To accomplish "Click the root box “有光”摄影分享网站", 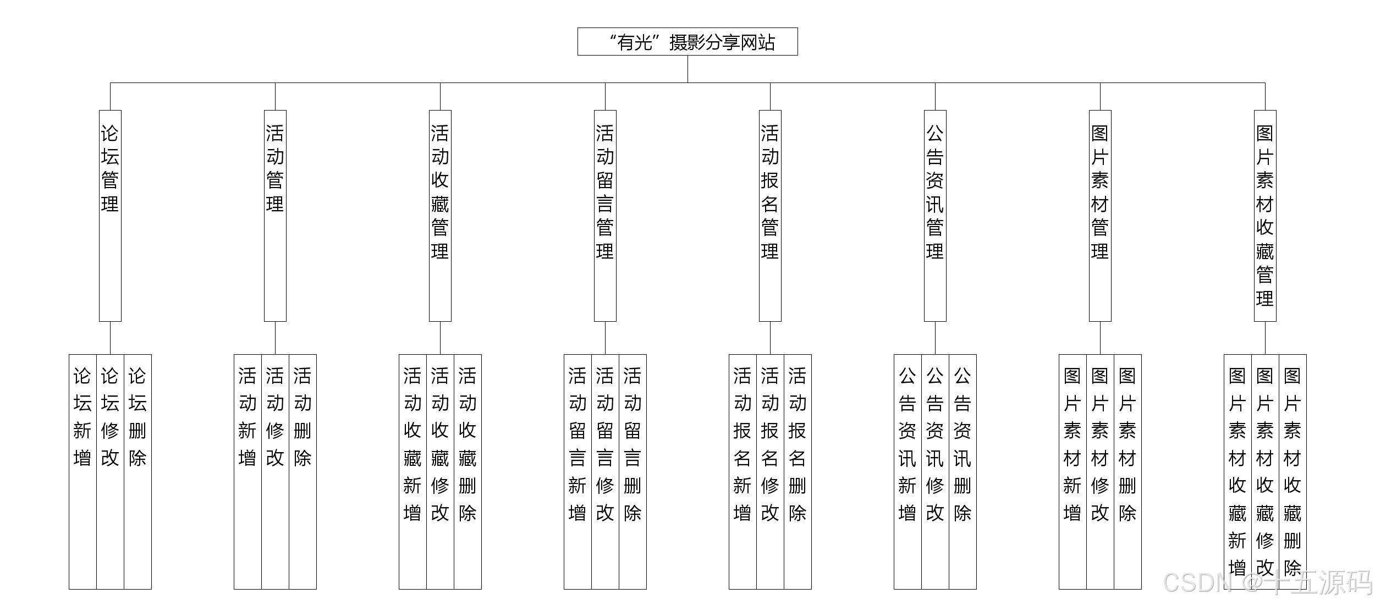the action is click(687, 42).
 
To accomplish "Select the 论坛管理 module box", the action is click(110, 216).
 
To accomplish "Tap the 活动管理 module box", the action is click(275, 216).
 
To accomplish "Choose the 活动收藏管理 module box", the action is click(440, 216).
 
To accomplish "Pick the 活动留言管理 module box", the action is click(605, 216).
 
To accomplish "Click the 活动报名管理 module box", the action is click(770, 216).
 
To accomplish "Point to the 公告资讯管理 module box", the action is click(935, 216).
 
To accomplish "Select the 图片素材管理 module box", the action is click(1100, 216).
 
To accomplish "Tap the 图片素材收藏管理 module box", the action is click(1265, 216).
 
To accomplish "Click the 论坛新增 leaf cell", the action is click(82, 471).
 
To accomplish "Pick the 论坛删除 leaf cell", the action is click(137, 471).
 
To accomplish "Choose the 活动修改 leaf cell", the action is click(275, 471).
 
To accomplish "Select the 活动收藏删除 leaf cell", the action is click(468, 471).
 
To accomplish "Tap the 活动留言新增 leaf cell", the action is click(577, 471).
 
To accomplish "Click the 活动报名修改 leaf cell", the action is click(770, 471).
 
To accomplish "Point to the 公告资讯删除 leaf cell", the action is click(963, 471).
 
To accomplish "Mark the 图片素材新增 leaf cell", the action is click(1072, 471).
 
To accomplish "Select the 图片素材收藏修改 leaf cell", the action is click(1265, 471).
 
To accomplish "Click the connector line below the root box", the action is click(687, 69).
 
